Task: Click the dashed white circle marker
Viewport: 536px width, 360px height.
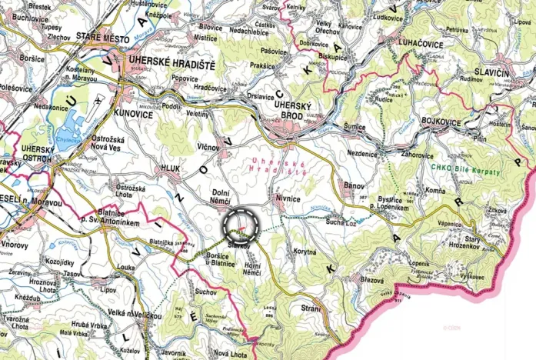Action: coord(242,226)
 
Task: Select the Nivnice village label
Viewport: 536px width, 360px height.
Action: coord(288,198)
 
